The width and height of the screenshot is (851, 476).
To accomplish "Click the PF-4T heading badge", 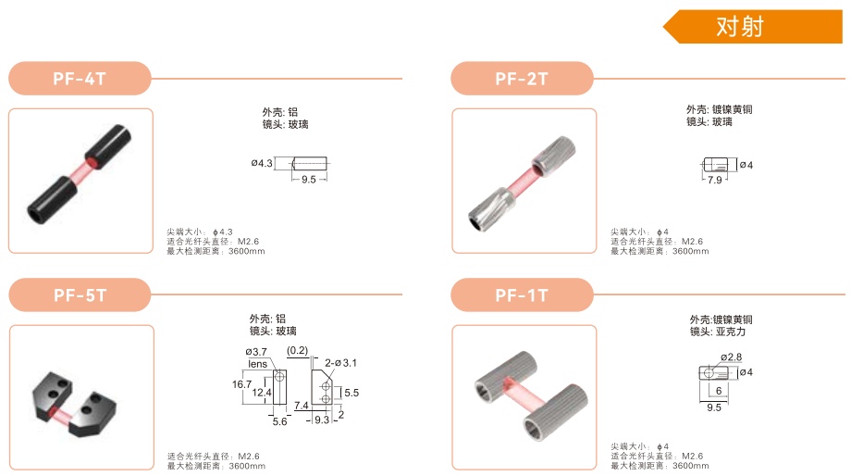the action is click(80, 78).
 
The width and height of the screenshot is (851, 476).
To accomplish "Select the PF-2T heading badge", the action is click(522, 78).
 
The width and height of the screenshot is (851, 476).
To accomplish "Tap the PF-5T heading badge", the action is click(80, 294).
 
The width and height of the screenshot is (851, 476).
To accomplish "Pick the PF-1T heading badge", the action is click(522, 294).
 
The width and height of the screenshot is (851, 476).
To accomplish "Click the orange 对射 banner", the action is click(753, 26).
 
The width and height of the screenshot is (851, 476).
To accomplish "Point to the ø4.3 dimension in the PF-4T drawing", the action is click(262, 163).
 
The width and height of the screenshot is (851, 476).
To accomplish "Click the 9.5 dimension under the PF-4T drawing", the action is click(309, 180).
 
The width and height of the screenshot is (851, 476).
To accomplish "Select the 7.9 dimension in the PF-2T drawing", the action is click(715, 180).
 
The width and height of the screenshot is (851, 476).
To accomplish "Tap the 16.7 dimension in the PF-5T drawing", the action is click(241, 384).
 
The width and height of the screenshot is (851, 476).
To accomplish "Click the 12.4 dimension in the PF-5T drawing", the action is click(262, 393).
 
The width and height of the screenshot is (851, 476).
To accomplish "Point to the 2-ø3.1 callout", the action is click(340, 362).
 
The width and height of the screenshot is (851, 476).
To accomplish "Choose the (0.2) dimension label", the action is click(298, 350).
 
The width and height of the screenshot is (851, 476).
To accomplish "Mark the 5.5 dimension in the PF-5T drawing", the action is click(351, 393).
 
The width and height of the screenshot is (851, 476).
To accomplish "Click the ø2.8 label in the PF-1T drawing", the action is click(731, 357).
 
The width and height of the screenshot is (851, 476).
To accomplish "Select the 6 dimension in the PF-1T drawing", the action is click(719, 391).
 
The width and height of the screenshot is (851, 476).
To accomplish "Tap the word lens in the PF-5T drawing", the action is click(258, 364).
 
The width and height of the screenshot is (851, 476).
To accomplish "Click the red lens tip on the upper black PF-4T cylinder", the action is click(92, 162).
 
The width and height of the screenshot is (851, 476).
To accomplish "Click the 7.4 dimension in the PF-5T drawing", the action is click(302, 406).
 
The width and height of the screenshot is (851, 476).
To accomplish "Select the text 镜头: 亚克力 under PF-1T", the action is click(718, 332).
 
